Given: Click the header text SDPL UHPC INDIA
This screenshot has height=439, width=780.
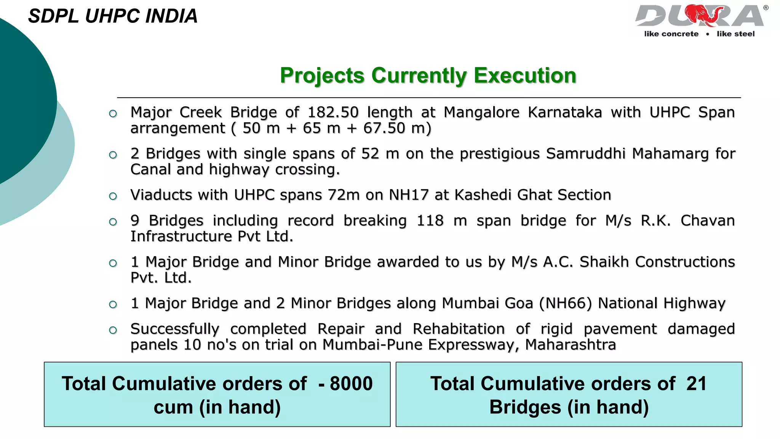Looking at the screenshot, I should tap(113, 16).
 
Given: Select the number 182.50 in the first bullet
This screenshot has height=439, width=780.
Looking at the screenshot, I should tap(333, 112).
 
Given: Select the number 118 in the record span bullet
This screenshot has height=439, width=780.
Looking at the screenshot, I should tap(430, 221).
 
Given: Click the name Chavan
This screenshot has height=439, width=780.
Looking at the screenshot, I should tap(707, 221).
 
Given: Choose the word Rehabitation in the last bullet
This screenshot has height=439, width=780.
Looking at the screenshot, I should tap(459, 329).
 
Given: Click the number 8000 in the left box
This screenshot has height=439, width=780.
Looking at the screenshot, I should tap(351, 384).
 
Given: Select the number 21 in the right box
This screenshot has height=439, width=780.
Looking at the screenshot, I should tap(696, 384).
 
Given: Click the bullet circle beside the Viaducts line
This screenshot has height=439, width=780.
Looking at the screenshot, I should tap(113, 196).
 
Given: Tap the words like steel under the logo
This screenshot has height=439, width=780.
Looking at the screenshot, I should tap(735, 34).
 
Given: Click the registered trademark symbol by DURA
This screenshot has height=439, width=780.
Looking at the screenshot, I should tap(766, 8).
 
